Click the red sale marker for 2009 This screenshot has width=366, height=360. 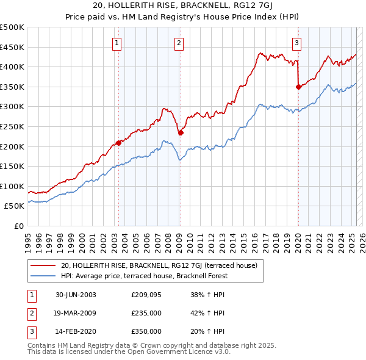181,132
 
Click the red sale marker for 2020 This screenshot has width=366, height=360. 298,87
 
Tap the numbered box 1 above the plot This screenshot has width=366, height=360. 116,43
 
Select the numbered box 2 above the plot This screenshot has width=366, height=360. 179,43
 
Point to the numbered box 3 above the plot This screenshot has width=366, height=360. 296,43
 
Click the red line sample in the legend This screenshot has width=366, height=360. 43,265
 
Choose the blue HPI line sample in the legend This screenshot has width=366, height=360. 43,276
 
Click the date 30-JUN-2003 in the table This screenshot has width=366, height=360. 76,295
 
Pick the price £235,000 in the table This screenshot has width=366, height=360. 146,314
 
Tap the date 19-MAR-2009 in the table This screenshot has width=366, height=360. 76,314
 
